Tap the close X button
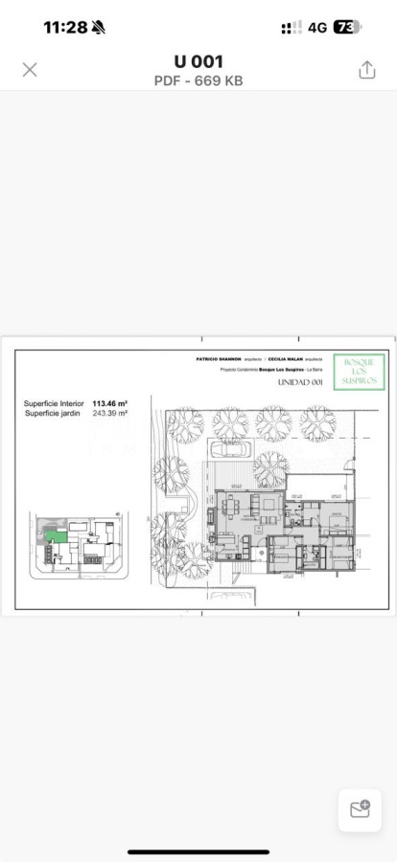pos(30,69)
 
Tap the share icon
pos(366,70)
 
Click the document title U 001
pos(198,62)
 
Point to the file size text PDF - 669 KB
pos(198,81)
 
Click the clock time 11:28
pos(64,27)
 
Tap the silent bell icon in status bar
pos(99,27)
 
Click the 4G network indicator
pos(317,27)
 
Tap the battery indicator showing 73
pos(347,27)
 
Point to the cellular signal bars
pos(292,27)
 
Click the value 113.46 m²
pos(110,404)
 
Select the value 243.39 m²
pos(110,413)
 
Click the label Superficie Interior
pos(55,404)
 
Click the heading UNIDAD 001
pos(300,382)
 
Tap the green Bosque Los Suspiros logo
pos(359,371)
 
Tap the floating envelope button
pos(360,809)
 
